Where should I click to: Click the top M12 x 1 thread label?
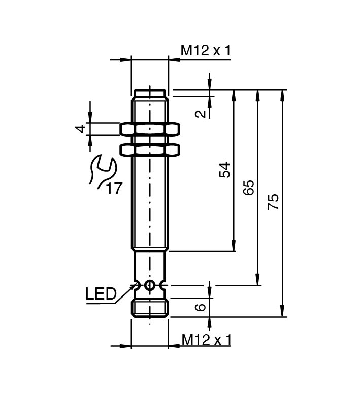206,50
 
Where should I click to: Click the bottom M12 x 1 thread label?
206,339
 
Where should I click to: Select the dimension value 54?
224,170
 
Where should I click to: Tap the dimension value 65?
249,188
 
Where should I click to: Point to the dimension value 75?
273,202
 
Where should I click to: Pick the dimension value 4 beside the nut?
80,129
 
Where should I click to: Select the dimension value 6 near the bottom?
202,307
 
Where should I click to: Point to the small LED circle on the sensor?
149,285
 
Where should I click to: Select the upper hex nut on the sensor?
150,129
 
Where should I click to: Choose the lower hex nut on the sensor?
150,150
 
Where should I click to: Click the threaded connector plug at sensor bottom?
150,308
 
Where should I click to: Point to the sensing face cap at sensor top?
150,93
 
